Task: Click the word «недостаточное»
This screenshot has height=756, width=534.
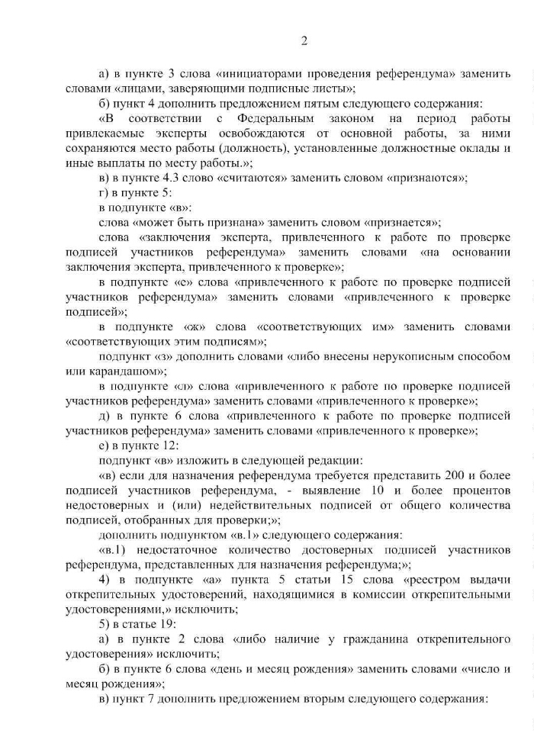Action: click(x=173, y=549)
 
